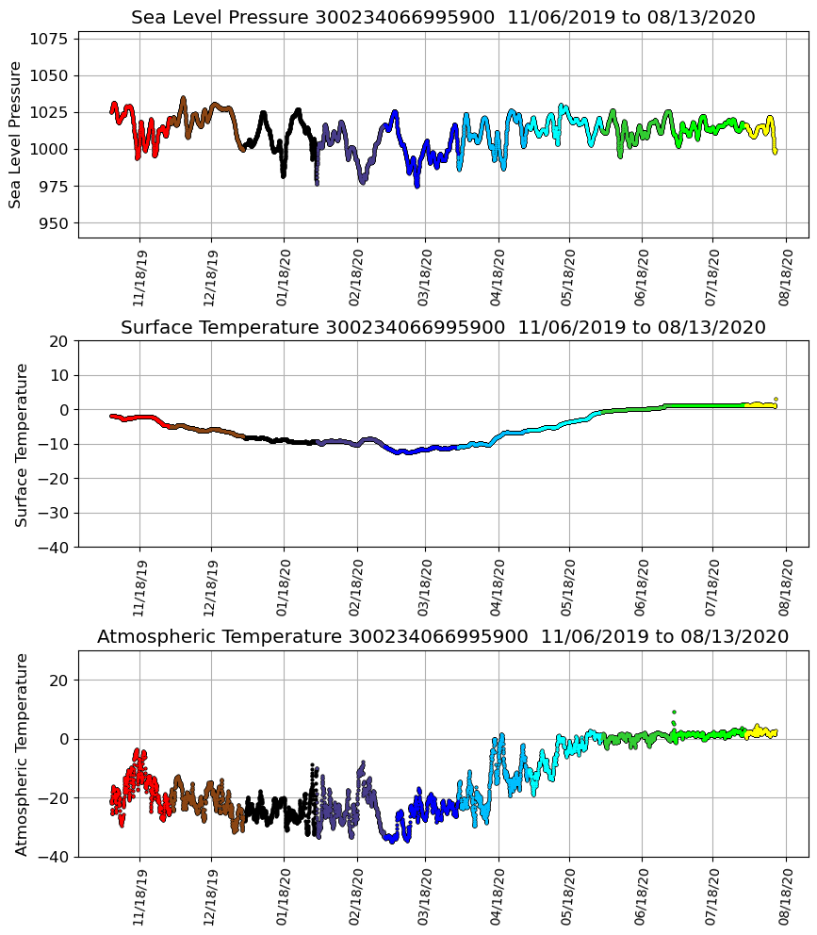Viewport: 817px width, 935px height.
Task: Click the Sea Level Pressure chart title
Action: click(x=443, y=17)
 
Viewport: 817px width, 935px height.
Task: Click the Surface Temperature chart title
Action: click(x=443, y=327)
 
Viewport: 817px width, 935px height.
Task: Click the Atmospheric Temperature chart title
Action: click(x=443, y=636)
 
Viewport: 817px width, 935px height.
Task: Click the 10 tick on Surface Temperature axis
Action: click(x=59, y=375)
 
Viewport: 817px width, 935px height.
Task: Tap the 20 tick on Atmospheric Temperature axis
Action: click(x=59, y=681)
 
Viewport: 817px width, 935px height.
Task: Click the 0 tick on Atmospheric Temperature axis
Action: click(x=64, y=739)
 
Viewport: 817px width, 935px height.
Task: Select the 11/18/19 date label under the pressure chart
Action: click(x=139, y=277)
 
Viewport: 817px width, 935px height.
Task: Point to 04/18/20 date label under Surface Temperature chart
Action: click(x=498, y=586)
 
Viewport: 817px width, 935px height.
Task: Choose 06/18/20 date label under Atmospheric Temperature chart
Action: click(x=642, y=896)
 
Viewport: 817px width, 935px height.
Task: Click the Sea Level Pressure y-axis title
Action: click(x=15, y=134)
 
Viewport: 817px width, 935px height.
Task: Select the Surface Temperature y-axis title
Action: click(x=21, y=444)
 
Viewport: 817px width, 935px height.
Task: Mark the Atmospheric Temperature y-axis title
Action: click(x=21, y=754)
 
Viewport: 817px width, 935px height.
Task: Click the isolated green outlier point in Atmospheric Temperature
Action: click(x=674, y=713)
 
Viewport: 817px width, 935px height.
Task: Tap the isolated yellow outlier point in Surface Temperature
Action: click(x=776, y=400)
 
